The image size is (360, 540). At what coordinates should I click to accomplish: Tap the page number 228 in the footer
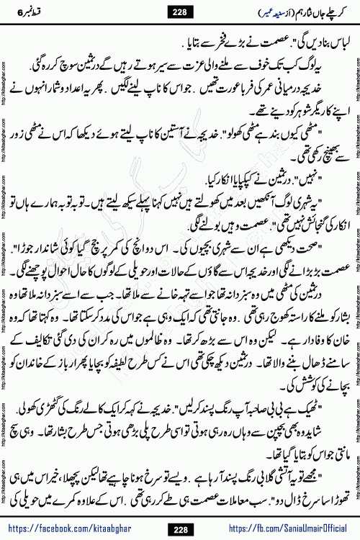tap(179, 530)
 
